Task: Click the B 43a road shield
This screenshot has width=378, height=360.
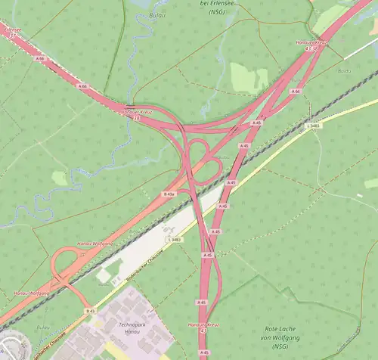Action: [x=169, y=194]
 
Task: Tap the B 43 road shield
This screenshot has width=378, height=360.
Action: [x=90, y=311]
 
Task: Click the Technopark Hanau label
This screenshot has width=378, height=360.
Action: [x=132, y=327]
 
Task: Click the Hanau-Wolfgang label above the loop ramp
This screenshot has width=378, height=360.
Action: [x=94, y=244]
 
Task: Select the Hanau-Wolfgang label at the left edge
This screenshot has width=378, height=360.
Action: [x=30, y=292]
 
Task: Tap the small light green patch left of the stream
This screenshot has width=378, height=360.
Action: [x=60, y=178]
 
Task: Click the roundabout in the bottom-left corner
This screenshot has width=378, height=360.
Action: [x=9, y=345]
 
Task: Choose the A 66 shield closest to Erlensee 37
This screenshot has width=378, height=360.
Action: [x=40, y=57]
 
